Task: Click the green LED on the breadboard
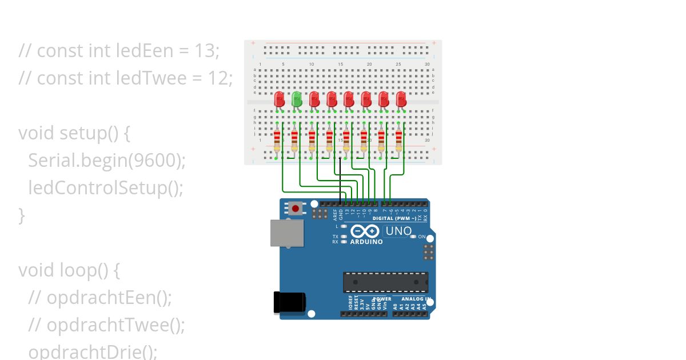coord(297,99)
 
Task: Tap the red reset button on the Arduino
coord(295,209)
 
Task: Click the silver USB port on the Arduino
coord(287,234)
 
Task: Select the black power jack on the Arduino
coord(289,303)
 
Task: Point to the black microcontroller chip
coord(385,282)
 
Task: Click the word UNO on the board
coord(398,231)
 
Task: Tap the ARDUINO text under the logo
coord(366,242)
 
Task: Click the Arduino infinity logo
coord(365,231)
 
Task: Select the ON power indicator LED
coord(414,237)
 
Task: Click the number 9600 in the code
coord(153,161)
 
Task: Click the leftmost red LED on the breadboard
coord(280,99)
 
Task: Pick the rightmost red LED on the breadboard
coord(401,99)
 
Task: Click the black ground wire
coord(341,180)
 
